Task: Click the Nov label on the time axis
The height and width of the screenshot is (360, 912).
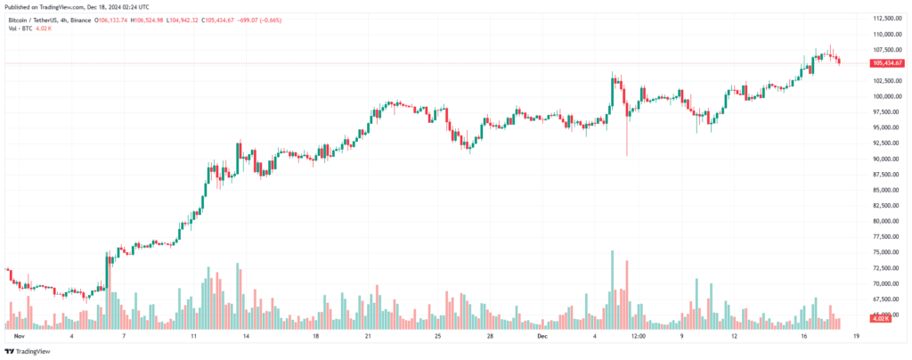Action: tap(19, 338)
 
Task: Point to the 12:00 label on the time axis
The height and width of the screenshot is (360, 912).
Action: tap(639, 338)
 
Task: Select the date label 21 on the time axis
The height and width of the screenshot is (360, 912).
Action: tap(368, 338)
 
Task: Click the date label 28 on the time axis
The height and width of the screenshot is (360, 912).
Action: tap(491, 338)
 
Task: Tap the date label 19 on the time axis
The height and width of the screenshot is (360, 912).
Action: tap(856, 338)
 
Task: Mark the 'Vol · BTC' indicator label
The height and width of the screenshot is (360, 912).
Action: tap(18, 27)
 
